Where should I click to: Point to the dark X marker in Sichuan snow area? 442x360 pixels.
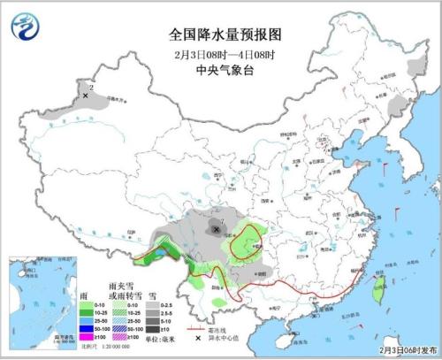(x=218, y=229)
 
